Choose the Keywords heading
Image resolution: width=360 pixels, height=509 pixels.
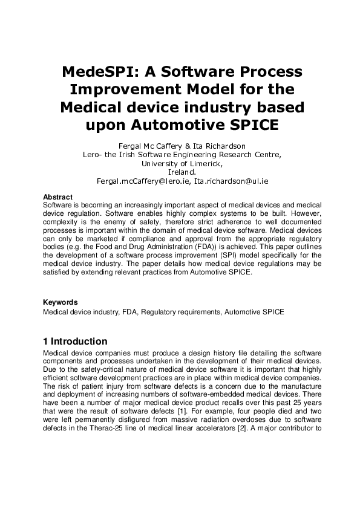(60, 302)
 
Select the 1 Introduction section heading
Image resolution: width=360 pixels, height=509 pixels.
(75, 342)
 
